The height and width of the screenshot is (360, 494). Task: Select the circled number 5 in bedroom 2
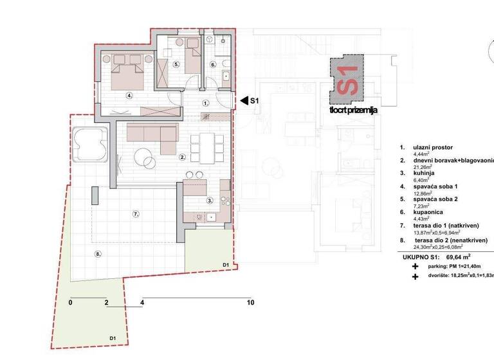[x=176, y=64]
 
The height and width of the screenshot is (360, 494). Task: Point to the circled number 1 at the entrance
[x=206, y=102]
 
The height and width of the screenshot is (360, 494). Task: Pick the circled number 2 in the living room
[x=183, y=156]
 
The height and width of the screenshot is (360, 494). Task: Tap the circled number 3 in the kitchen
[x=210, y=201]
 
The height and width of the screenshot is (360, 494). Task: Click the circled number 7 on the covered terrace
[x=135, y=213]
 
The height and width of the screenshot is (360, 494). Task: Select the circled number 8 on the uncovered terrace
[x=98, y=254]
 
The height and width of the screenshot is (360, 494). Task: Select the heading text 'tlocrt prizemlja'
[x=352, y=110]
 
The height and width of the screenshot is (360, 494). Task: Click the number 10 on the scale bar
[x=250, y=302]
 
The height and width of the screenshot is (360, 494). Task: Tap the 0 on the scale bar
[x=70, y=302]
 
